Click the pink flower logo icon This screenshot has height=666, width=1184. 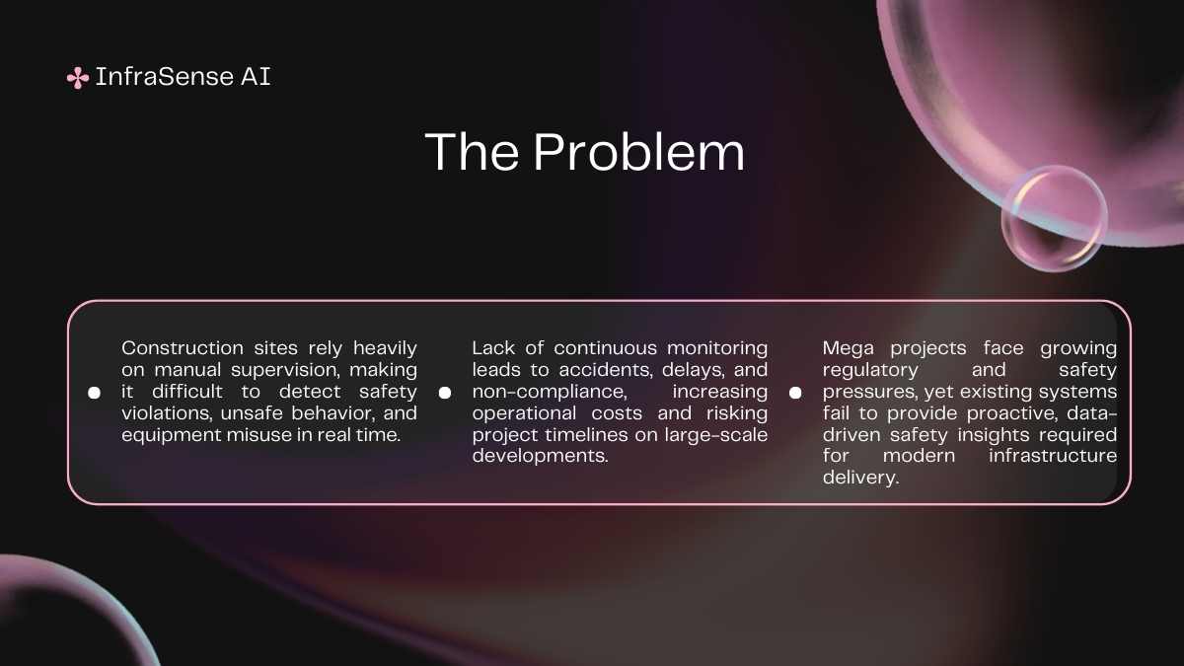tap(78, 78)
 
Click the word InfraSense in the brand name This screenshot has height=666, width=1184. tap(165, 77)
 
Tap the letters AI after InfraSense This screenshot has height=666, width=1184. tap(256, 77)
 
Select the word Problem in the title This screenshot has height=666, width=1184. tap(638, 152)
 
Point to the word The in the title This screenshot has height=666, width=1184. tap(472, 152)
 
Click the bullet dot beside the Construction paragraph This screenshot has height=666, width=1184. tap(94, 393)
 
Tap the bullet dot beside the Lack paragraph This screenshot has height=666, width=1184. tap(445, 393)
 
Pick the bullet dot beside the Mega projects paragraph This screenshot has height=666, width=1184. tap(795, 393)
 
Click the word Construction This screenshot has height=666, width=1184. tap(183, 348)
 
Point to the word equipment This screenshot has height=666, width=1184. tap(170, 436)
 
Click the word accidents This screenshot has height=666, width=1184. tap(606, 370)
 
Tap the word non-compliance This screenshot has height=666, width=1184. tap(550, 392)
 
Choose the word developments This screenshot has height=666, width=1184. tap(541, 456)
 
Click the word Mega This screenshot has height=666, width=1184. tap(848, 349)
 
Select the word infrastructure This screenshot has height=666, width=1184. tap(1053, 456)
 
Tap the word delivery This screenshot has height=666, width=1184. tap(860, 479)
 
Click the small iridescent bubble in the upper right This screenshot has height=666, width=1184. tap(1054, 219)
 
